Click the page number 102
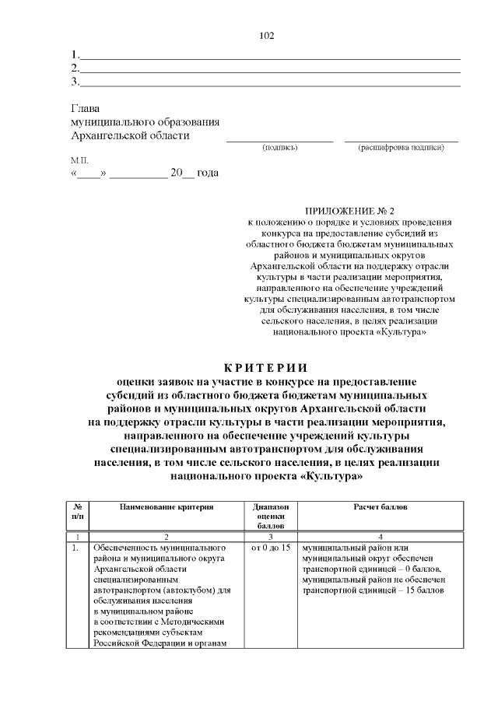click(267, 36)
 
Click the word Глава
click(86, 109)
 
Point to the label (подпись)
click(280, 147)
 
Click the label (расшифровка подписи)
click(401, 147)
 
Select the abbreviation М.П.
click(80, 159)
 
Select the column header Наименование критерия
click(166, 507)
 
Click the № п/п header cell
click(78, 512)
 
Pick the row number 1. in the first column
click(75, 548)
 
